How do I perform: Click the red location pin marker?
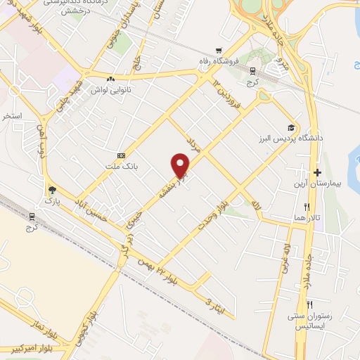pyautogui.click(x=181, y=165)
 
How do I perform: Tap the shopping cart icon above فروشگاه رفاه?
pyautogui.click(x=220, y=50)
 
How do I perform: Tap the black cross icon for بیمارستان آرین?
pyautogui.click(x=318, y=173)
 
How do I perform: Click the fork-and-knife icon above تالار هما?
pyautogui.click(x=307, y=207)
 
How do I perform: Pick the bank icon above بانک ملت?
pyautogui.click(x=122, y=155)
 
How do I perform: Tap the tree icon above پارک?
pyautogui.click(x=52, y=189)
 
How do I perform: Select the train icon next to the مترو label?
pyautogui.click(x=252, y=70)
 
